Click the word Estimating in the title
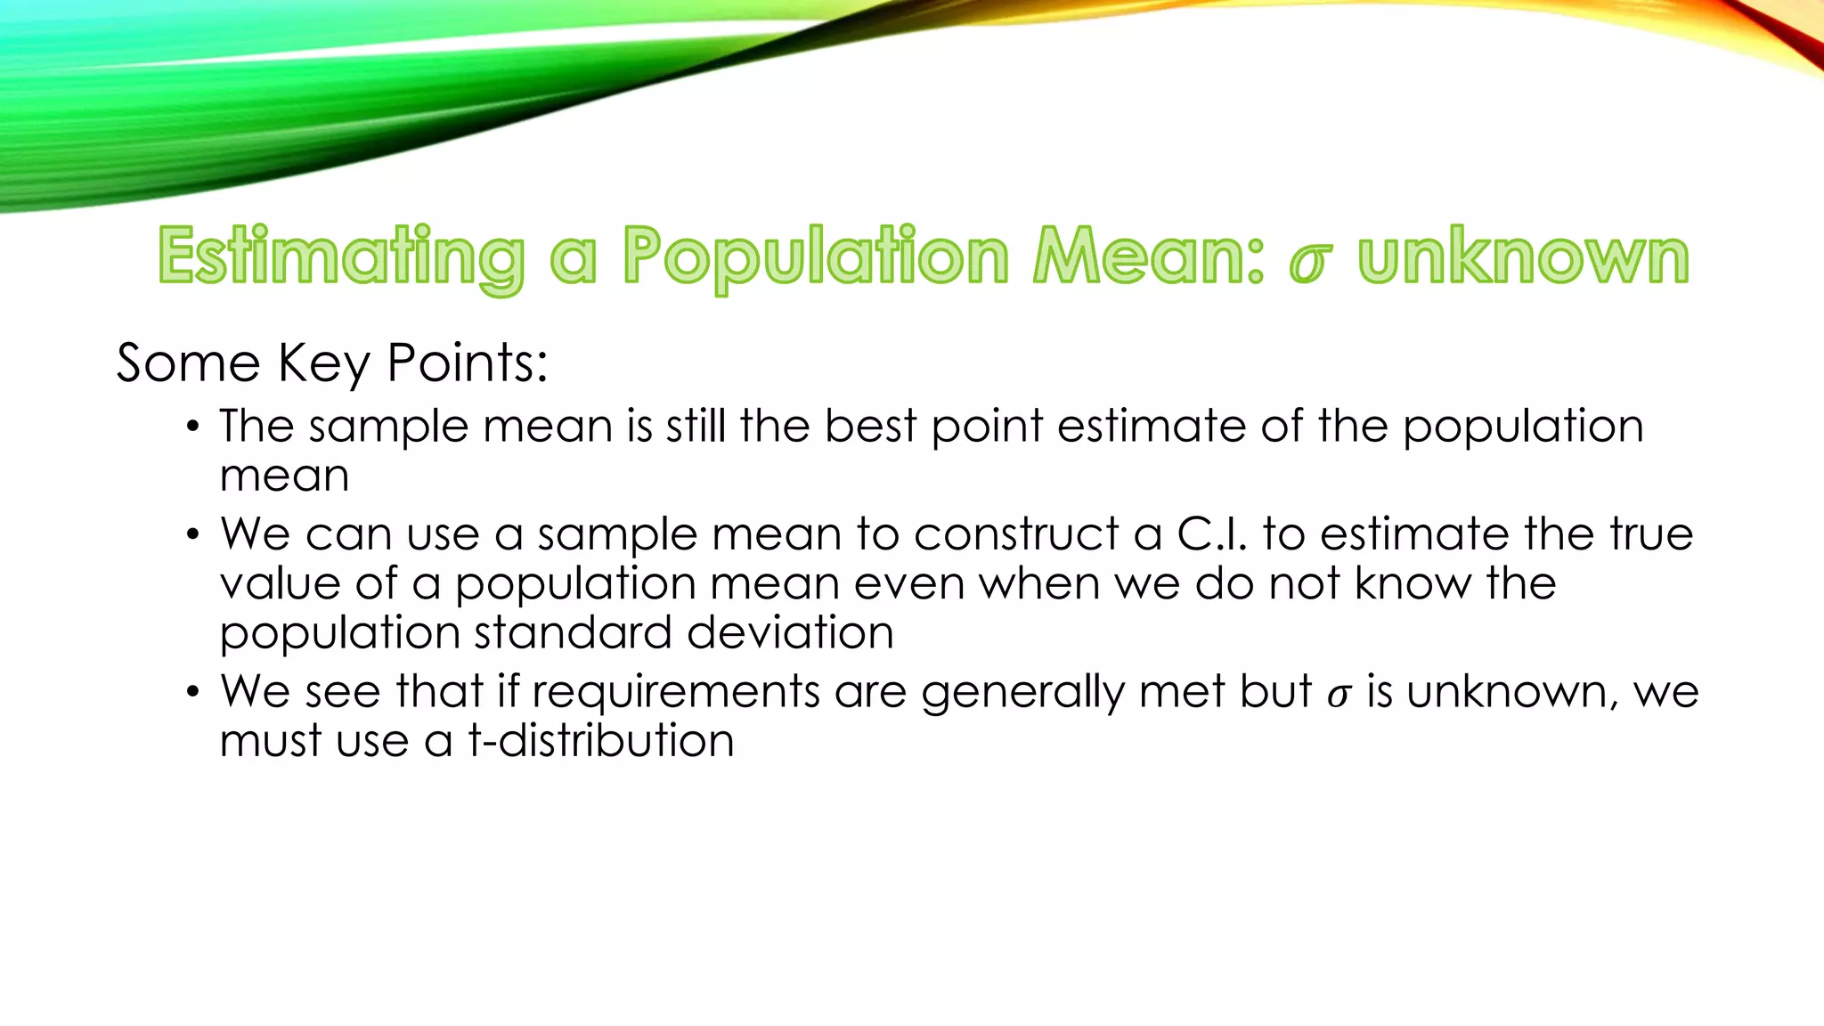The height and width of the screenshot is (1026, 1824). point(341,257)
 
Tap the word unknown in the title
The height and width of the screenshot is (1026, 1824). point(1523,257)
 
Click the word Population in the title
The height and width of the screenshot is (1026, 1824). point(815,257)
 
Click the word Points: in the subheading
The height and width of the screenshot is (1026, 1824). point(468,363)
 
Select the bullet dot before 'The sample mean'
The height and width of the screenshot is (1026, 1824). point(192,427)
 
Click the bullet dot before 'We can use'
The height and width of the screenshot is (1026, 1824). point(192,535)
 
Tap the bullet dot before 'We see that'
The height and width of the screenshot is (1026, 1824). point(192,693)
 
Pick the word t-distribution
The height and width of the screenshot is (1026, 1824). point(602,741)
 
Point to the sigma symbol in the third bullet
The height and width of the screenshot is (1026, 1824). point(1339,695)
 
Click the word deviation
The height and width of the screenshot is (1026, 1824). point(790,633)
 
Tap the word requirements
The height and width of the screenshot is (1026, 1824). point(676,693)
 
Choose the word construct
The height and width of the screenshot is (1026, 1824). point(1016,534)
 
